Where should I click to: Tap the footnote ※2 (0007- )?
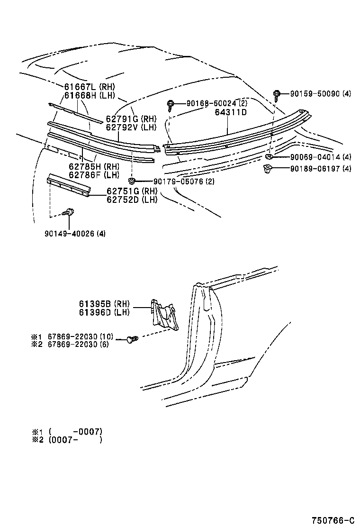67,439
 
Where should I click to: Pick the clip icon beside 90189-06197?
267,168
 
